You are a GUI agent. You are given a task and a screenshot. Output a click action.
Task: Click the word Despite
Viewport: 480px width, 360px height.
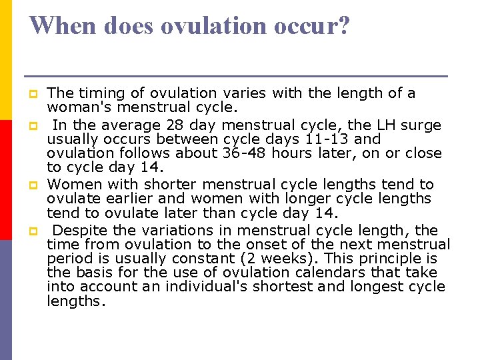[78, 231]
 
